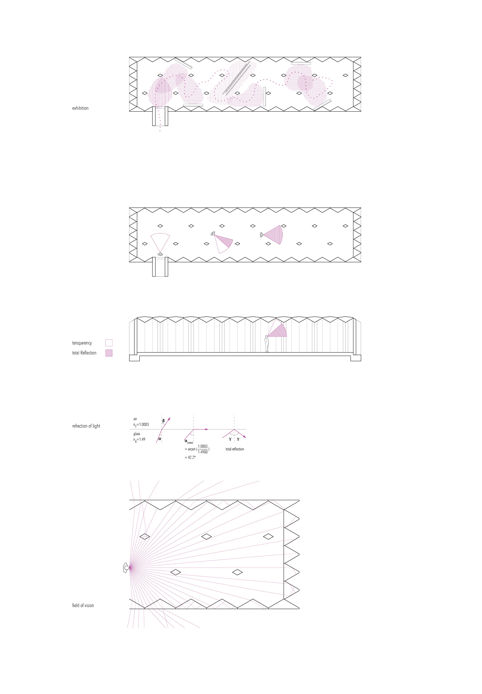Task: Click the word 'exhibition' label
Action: point(80,108)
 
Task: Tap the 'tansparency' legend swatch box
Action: point(109,343)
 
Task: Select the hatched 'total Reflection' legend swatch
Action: point(109,353)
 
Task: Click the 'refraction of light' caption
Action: point(86,426)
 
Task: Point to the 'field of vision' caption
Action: point(83,605)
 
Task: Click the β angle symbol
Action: point(163,420)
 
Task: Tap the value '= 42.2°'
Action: point(190,458)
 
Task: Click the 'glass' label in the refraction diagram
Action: point(137,434)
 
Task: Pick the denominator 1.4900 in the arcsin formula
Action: point(203,452)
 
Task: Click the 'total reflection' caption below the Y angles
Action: point(235,449)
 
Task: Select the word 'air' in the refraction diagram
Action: point(135,419)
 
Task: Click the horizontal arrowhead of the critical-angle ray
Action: point(207,429)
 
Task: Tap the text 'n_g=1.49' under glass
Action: point(139,439)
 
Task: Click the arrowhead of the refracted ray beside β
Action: point(169,419)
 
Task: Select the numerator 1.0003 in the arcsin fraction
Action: point(203,446)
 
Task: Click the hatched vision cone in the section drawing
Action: point(279,331)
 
